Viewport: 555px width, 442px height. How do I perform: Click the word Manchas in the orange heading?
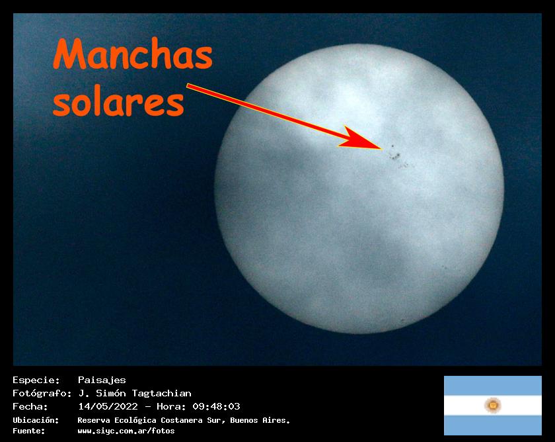click(133, 54)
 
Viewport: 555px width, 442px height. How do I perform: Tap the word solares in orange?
click(118, 103)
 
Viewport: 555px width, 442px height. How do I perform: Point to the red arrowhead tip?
click(382, 148)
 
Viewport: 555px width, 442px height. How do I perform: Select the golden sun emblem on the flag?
click(492, 405)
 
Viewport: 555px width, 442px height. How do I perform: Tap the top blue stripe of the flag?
click(493, 386)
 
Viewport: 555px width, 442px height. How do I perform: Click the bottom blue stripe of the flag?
click(493, 425)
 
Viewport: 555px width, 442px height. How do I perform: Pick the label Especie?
click(36, 380)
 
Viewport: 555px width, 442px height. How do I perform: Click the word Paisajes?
click(102, 380)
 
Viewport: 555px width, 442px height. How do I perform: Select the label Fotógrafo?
click(42, 393)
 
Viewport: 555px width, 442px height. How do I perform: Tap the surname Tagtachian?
click(161, 393)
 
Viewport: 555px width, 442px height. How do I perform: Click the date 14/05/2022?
click(108, 406)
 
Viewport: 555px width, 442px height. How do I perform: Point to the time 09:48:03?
click(216, 406)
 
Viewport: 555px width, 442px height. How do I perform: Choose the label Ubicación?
click(36, 420)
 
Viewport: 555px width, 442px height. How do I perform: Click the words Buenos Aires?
click(260, 420)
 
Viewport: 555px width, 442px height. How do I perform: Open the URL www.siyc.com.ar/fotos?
click(126, 431)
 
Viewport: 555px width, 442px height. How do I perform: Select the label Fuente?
click(29, 431)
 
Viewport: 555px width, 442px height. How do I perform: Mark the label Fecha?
click(30, 406)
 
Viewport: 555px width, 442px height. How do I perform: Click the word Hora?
click(171, 406)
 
